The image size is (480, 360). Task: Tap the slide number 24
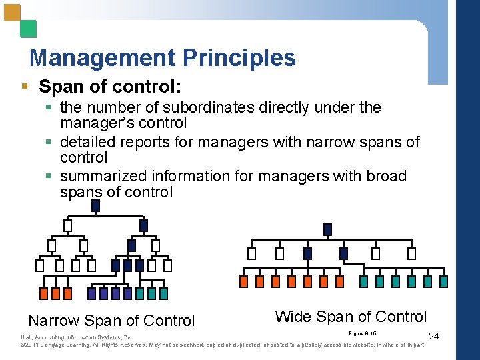[434, 335]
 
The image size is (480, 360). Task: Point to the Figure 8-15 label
[363, 332]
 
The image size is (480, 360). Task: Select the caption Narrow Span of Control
[111, 321]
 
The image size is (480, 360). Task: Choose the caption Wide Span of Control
[351, 316]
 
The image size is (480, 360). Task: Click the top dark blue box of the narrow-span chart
[95, 205]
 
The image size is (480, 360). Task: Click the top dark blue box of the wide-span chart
[327, 229]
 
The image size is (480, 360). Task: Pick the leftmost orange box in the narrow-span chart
[44, 293]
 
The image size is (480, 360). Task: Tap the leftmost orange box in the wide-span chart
[243, 281]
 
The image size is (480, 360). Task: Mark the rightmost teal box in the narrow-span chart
[163, 293]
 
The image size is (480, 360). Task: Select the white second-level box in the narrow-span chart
[67, 225]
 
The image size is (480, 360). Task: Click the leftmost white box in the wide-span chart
[251, 253]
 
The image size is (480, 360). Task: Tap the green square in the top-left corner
[28, 29]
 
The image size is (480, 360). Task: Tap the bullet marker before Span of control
[25, 88]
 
